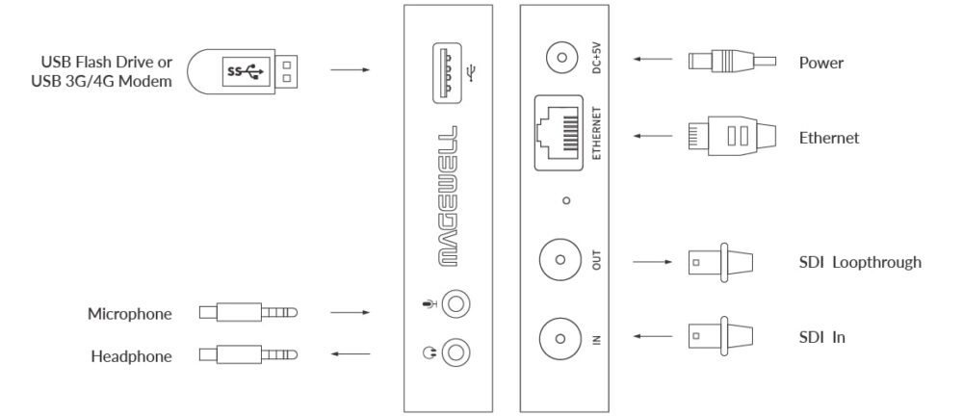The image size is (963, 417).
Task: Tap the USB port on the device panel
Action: coord(451,72)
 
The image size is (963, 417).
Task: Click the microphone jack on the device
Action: coord(458,306)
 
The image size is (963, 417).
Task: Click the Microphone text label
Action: coord(130,314)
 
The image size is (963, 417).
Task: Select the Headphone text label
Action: coord(131,356)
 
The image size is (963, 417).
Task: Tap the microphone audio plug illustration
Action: coord(249,313)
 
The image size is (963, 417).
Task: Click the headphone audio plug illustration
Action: coord(249,355)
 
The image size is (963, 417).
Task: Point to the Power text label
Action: coord(821,64)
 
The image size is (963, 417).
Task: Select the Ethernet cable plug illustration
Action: coord(730,137)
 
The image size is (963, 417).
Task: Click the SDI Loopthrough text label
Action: coord(860,262)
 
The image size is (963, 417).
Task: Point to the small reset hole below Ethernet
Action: coord(566,200)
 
